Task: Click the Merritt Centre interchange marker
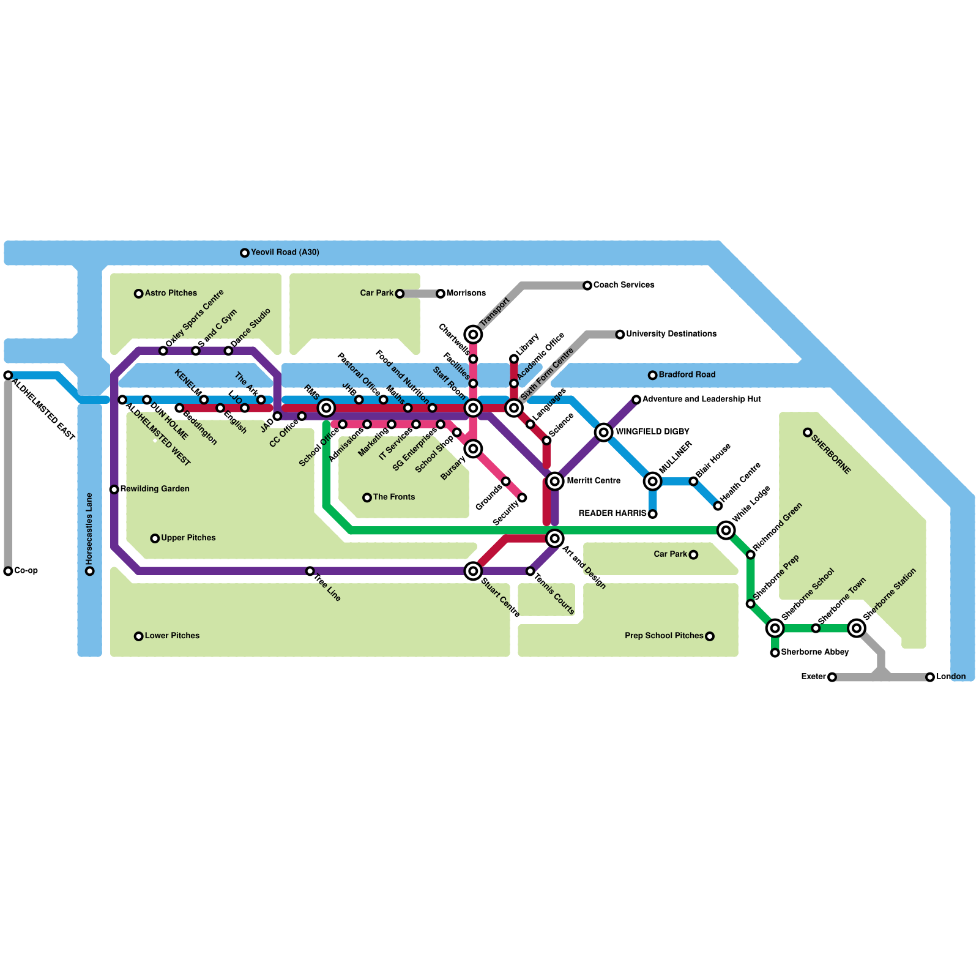tap(554, 481)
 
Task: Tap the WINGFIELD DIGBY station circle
tap(603, 432)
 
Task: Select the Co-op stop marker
tap(8, 571)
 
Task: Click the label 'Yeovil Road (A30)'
tap(285, 252)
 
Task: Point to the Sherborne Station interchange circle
tap(857, 628)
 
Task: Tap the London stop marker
tap(930, 677)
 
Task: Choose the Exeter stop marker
tap(832, 677)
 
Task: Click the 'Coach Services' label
tap(624, 285)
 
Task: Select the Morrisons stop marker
tap(441, 294)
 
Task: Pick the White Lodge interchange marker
tap(726, 530)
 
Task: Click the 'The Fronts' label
tap(393, 497)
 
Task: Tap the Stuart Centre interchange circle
tap(473, 571)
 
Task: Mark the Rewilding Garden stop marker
tap(114, 489)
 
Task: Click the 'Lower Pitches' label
tap(172, 636)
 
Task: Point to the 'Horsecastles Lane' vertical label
tap(89, 529)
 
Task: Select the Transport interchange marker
tap(473, 334)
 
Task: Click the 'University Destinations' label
tap(671, 333)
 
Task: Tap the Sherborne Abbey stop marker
tap(775, 652)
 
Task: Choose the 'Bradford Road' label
tap(687, 374)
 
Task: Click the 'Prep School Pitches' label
tap(664, 636)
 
